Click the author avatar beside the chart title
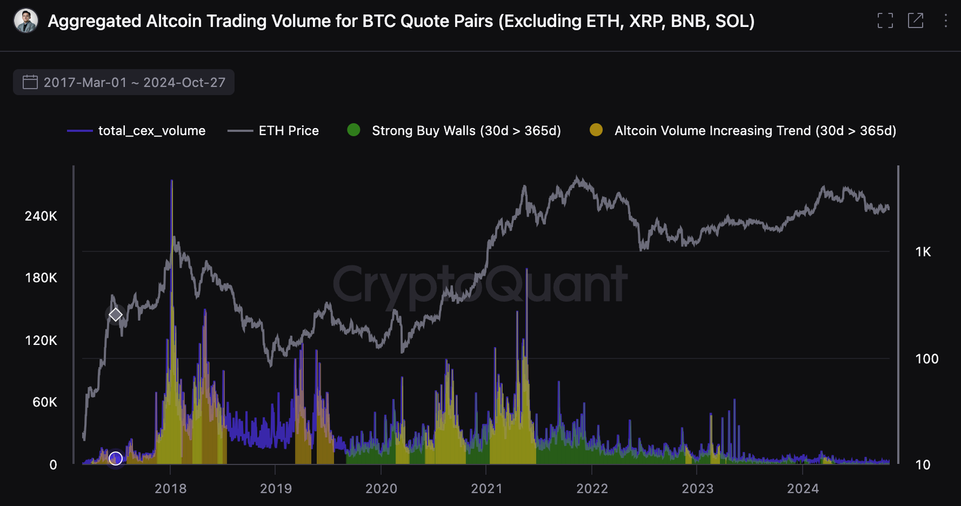26,21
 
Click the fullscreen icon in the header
885,21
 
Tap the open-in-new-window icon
915,21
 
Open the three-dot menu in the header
945,21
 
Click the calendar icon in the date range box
30,82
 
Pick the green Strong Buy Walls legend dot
354,130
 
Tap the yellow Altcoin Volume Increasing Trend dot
596,130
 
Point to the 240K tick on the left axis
41,216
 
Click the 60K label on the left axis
44,402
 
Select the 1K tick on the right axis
923,252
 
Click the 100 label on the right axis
926,359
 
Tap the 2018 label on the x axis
171,489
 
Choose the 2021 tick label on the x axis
487,489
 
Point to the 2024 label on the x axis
802,489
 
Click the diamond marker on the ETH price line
115,314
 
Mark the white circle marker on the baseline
115,459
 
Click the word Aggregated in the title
94,21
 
